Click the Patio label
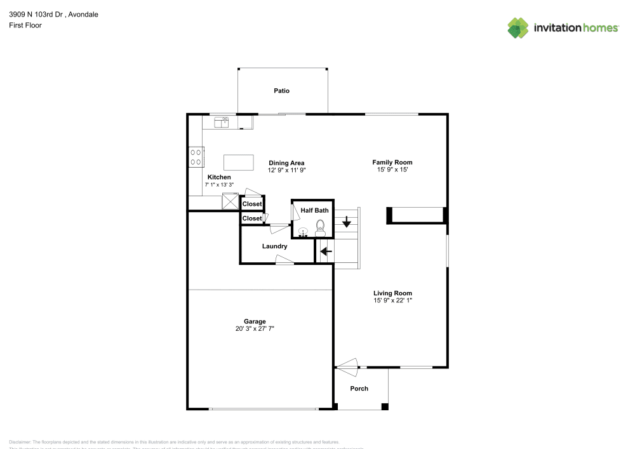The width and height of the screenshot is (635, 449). tap(281, 91)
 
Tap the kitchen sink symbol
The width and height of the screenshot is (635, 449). tap(222, 122)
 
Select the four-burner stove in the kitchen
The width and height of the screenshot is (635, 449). tap(196, 157)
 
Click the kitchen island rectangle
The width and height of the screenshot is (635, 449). tap(238, 162)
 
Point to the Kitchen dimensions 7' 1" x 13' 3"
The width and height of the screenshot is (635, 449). tap(219, 185)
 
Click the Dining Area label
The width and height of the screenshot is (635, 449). tap(286, 163)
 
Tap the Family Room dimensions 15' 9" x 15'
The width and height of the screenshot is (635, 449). tap(392, 170)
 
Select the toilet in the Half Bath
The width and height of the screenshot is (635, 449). tap(320, 228)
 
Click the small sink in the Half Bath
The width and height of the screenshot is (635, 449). tap(304, 232)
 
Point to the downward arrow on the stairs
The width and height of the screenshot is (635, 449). tap(347, 222)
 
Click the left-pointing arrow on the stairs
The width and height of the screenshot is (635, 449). tap(326, 251)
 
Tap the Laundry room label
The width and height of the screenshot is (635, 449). tap(275, 246)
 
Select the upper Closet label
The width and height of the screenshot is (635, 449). tap(252, 204)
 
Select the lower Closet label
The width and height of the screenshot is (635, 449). tap(252, 218)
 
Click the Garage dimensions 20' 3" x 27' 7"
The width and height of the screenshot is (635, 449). tap(255, 329)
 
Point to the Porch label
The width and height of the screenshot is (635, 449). tap(359, 389)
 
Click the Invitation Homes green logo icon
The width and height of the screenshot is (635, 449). tap(518, 28)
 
